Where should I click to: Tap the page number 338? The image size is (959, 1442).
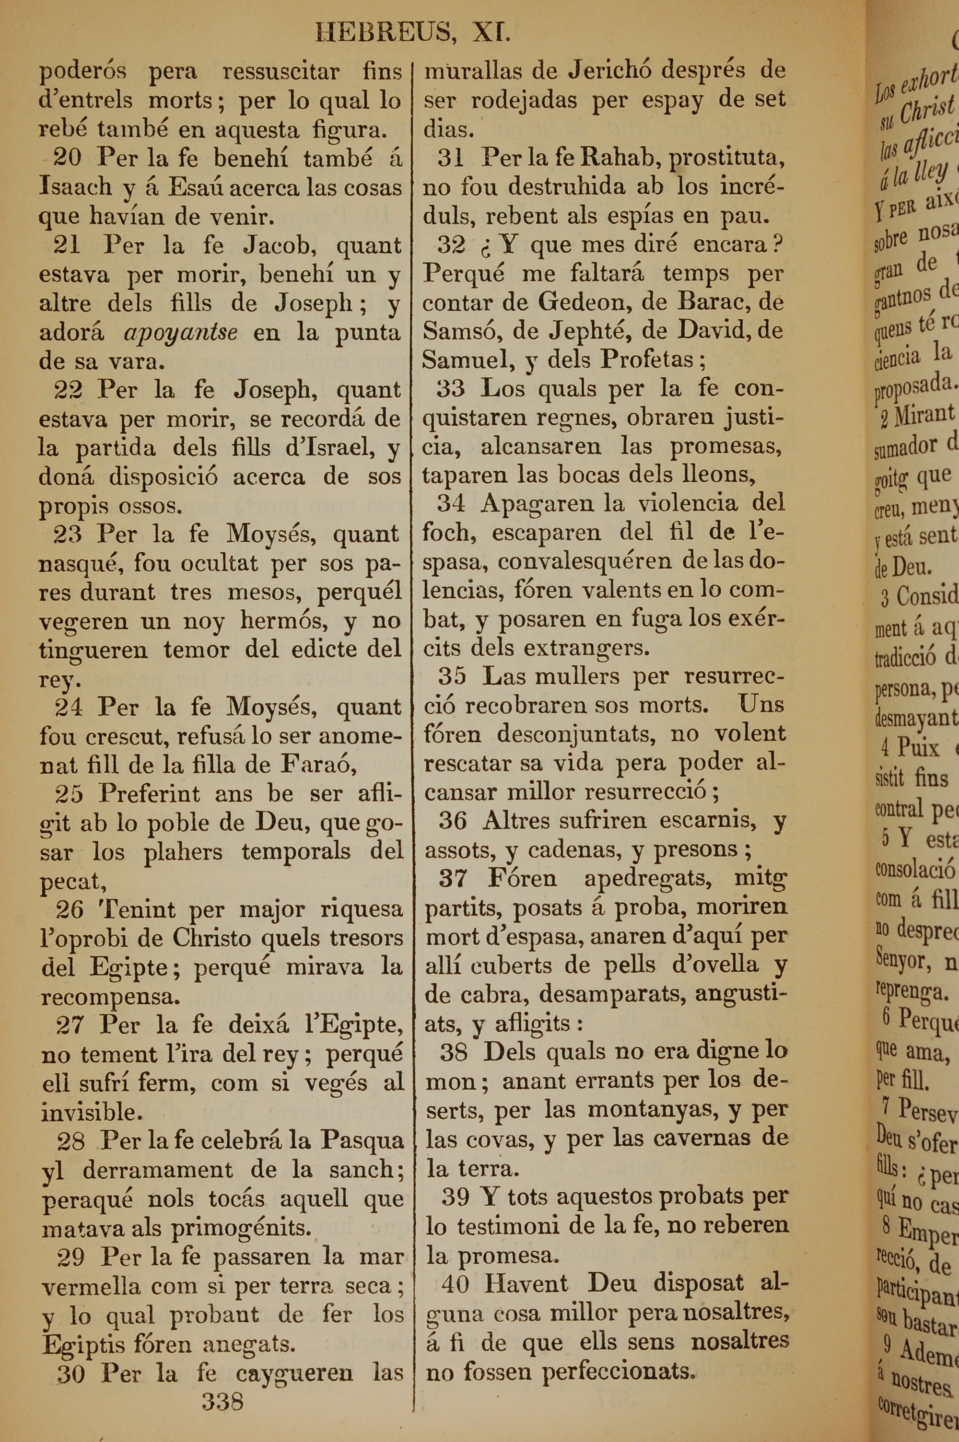point(222,1400)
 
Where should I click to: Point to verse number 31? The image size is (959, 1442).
point(450,158)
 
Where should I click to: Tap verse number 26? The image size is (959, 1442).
point(69,909)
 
